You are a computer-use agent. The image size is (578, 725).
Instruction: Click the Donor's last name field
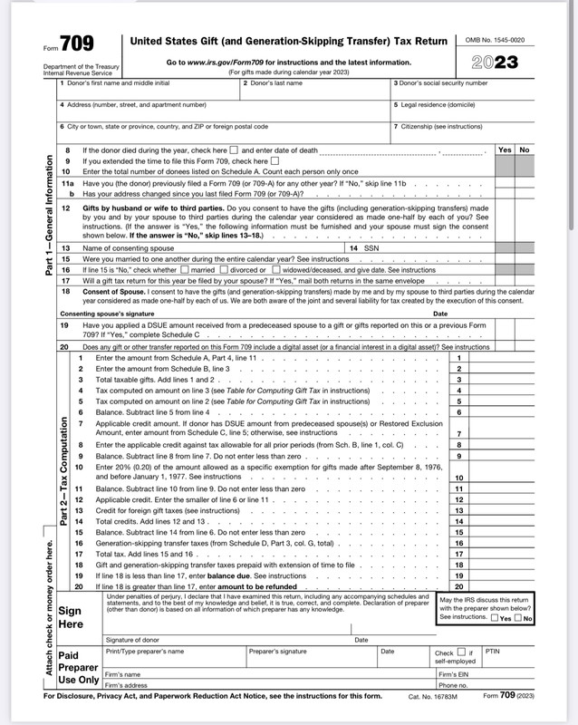pyautogui.click(x=314, y=91)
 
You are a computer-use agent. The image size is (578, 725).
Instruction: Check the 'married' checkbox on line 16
pyautogui.click(x=186, y=269)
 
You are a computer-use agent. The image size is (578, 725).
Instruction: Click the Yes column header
pyautogui.click(x=506, y=150)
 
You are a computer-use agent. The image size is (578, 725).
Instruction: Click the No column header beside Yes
pyautogui.click(x=525, y=150)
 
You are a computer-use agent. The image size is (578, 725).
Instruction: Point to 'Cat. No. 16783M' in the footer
pyautogui.click(x=432, y=696)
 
